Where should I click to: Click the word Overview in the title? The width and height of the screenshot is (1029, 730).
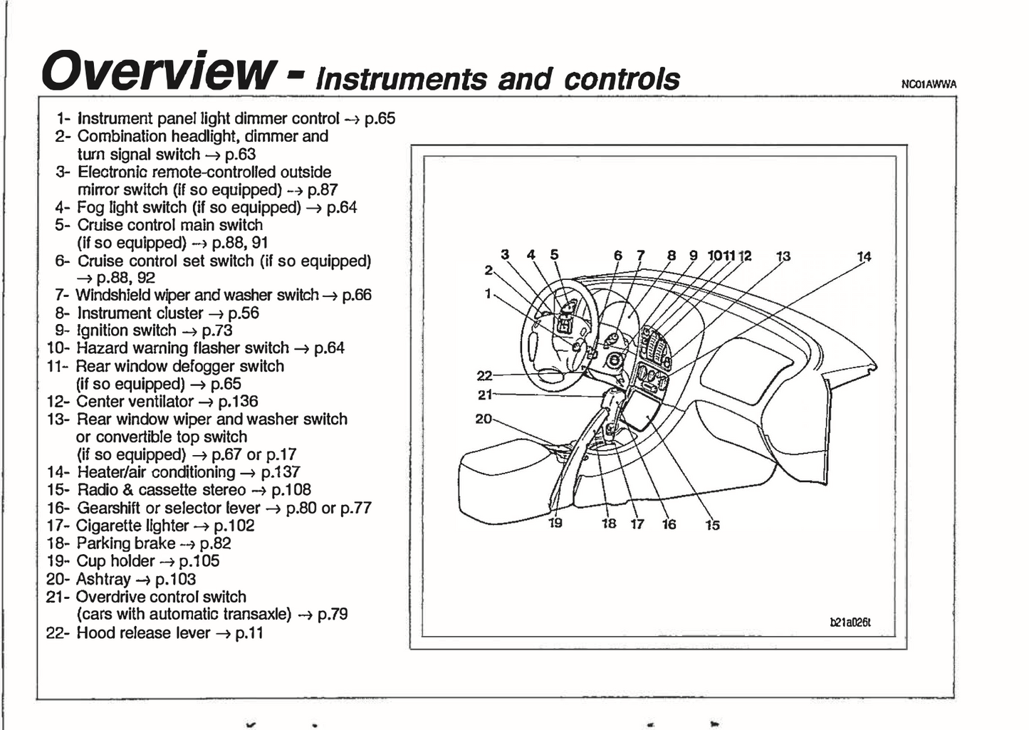[158, 71]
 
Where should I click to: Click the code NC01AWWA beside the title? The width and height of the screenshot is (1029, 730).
[929, 84]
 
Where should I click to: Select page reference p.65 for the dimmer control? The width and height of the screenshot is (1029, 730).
[380, 119]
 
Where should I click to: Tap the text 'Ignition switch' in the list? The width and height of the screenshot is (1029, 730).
[126, 330]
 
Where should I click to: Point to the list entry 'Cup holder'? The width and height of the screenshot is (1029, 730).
[115, 561]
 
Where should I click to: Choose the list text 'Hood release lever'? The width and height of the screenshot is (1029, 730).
[143, 632]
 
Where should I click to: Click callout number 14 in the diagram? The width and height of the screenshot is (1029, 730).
[864, 256]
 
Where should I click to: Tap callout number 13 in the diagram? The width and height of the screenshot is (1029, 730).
[783, 256]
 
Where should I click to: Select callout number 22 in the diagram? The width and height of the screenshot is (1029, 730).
[484, 376]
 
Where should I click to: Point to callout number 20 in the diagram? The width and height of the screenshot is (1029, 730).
[484, 419]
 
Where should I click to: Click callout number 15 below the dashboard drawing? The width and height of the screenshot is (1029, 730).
[712, 525]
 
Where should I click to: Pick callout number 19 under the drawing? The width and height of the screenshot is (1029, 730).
[555, 523]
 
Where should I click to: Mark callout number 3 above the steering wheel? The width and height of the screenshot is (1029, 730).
[505, 254]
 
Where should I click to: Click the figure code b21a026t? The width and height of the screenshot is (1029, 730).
[850, 622]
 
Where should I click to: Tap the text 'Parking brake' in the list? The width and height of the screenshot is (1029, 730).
[125, 543]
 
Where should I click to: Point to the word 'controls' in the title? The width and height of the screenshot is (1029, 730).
[622, 79]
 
